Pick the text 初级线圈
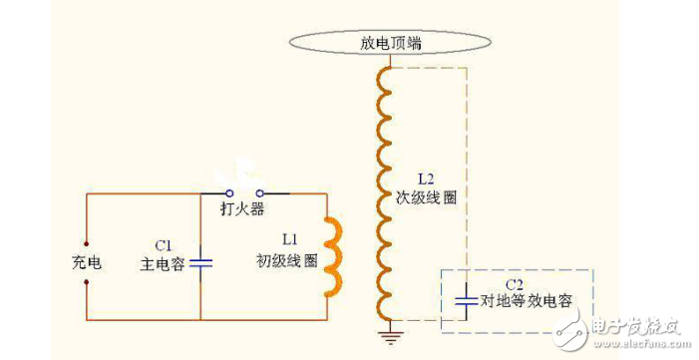click(x=286, y=260)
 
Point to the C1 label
click(x=164, y=244)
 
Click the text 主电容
click(x=164, y=264)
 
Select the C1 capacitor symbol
click(x=201, y=262)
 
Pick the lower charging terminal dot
click(x=87, y=282)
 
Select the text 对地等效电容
click(x=526, y=299)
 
